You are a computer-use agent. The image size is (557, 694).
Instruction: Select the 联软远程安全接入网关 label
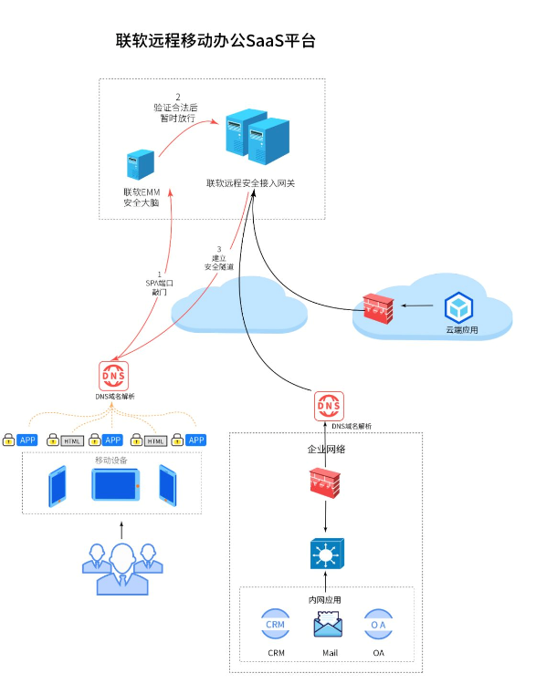click(x=250, y=183)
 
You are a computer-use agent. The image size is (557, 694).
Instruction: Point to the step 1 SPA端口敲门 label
click(x=159, y=283)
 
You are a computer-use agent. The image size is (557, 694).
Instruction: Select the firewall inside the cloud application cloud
click(x=374, y=307)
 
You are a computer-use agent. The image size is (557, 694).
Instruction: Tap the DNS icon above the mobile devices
click(x=114, y=376)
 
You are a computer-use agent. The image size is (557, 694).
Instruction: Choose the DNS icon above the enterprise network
click(x=329, y=406)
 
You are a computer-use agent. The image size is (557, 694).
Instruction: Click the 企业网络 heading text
click(x=326, y=450)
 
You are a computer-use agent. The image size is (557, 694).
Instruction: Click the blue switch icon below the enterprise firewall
click(x=326, y=554)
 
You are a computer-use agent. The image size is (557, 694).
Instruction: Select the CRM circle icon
click(x=276, y=626)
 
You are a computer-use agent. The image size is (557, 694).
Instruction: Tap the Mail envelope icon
click(x=329, y=626)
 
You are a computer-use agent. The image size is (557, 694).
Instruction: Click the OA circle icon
click(x=378, y=626)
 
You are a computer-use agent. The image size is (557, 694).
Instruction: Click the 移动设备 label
click(x=112, y=461)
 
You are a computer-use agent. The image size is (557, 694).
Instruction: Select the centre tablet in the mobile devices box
click(x=114, y=485)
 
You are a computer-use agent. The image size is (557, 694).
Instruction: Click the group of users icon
click(x=121, y=566)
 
